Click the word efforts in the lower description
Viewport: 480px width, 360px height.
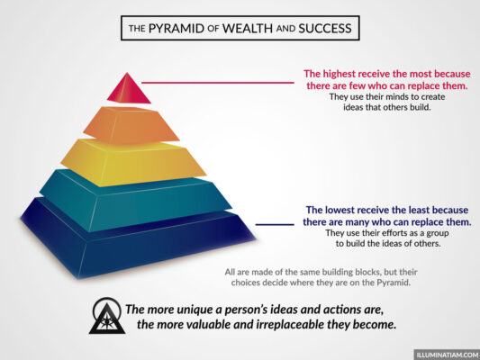coord(380,232)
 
